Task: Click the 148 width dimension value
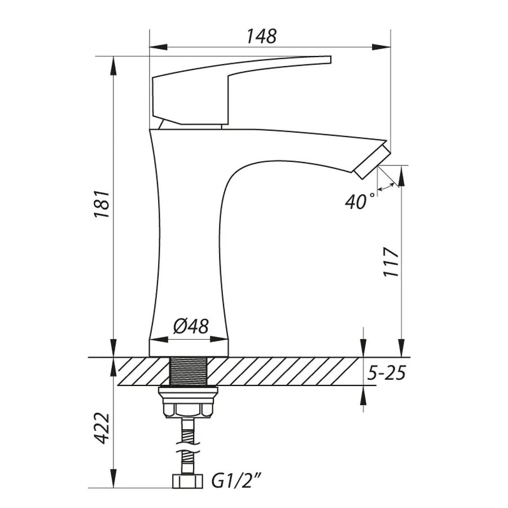coord(261,36)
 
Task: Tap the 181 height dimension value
coord(102,204)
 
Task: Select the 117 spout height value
coord(391,262)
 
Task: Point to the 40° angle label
coord(360,202)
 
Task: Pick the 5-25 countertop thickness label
coord(387,373)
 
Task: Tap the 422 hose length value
coord(102,428)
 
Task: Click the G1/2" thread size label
coord(236,481)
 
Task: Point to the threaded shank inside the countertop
coord(189,371)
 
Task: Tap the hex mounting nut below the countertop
coord(188,402)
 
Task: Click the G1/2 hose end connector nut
coord(187,481)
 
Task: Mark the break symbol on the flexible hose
coord(187,448)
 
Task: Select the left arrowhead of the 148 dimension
coord(159,47)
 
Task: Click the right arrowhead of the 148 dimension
coord(382,47)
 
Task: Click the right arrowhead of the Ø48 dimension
coord(220,340)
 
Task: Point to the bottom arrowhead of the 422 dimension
coord(113,478)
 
